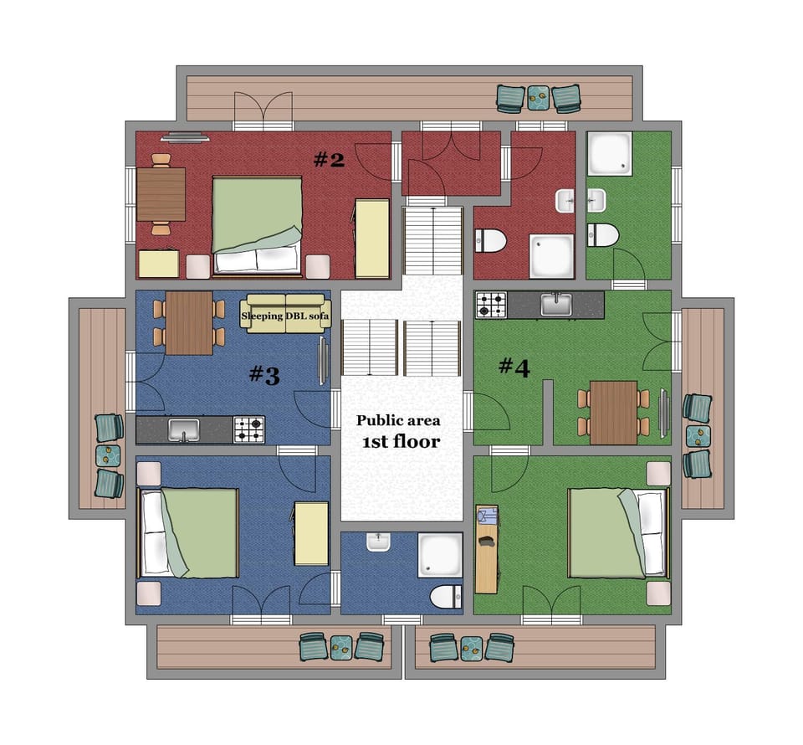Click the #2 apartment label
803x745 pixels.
pyautogui.click(x=329, y=159)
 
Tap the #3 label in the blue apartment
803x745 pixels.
pyautogui.click(x=263, y=376)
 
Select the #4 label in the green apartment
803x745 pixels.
pyautogui.click(x=514, y=367)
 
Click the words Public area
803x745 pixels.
pyautogui.click(x=398, y=421)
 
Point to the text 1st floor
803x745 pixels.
pyautogui.click(x=401, y=442)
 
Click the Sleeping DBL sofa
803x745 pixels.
pyautogui.click(x=285, y=316)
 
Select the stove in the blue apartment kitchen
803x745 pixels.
pyautogui.click(x=248, y=429)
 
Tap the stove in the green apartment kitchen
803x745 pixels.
pyautogui.click(x=491, y=305)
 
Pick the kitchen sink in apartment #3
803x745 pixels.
pyautogui.click(x=183, y=430)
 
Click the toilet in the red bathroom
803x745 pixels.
pyautogui.click(x=490, y=241)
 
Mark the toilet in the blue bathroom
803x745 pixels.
pyautogui.click(x=445, y=597)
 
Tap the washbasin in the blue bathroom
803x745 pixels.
pyautogui.click(x=378, y=543)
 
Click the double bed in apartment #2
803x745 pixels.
pyautogui.click(x=257, y=224)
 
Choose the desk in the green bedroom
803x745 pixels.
pyautogui.click(x=486, y=548)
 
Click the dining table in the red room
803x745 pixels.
pyautogui.click(x=161, y=193)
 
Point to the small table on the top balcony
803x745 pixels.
pyautogui.click(x=539, y=99)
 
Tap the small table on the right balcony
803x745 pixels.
pyautogui.click(x=697, y=436)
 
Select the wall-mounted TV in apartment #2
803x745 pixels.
pyautogui.click(x=185, y=137)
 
